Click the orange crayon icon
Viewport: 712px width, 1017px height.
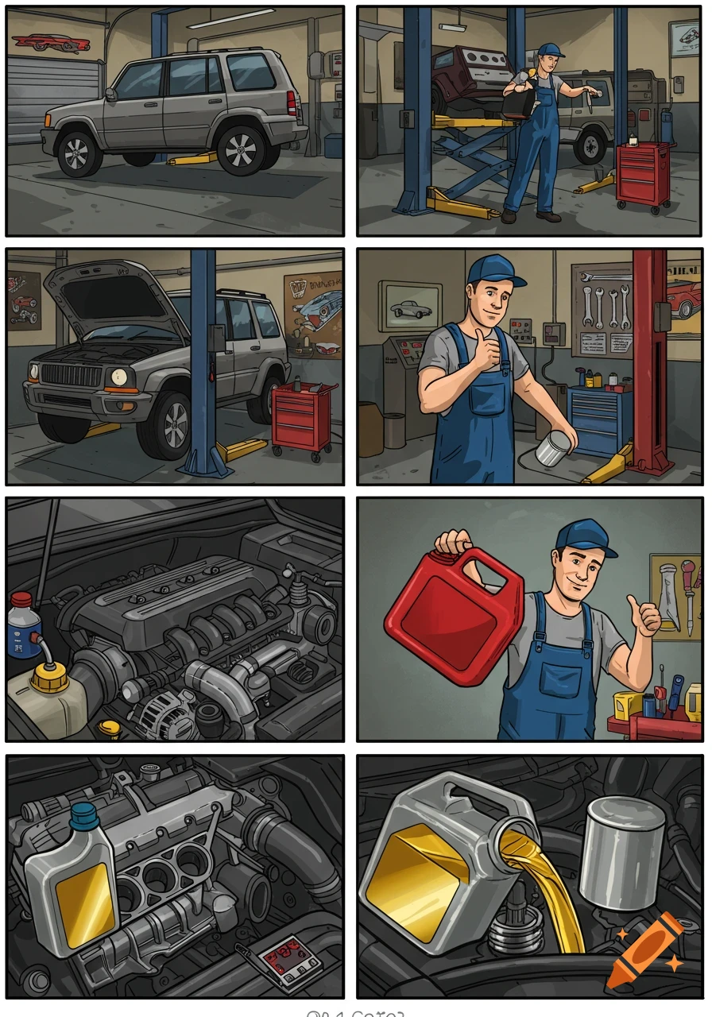[x=644, y=951]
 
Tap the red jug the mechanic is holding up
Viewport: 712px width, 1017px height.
[x=455, y=611]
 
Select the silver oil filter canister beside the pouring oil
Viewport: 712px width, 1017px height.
[x=621, y=852]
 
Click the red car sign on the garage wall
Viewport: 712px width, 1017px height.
[x=51, y=43]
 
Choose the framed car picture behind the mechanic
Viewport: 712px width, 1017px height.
[x=409, y=306]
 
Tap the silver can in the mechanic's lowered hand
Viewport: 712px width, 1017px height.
[x=554, y=448]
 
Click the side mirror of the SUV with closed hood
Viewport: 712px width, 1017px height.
[x=110, y=94]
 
